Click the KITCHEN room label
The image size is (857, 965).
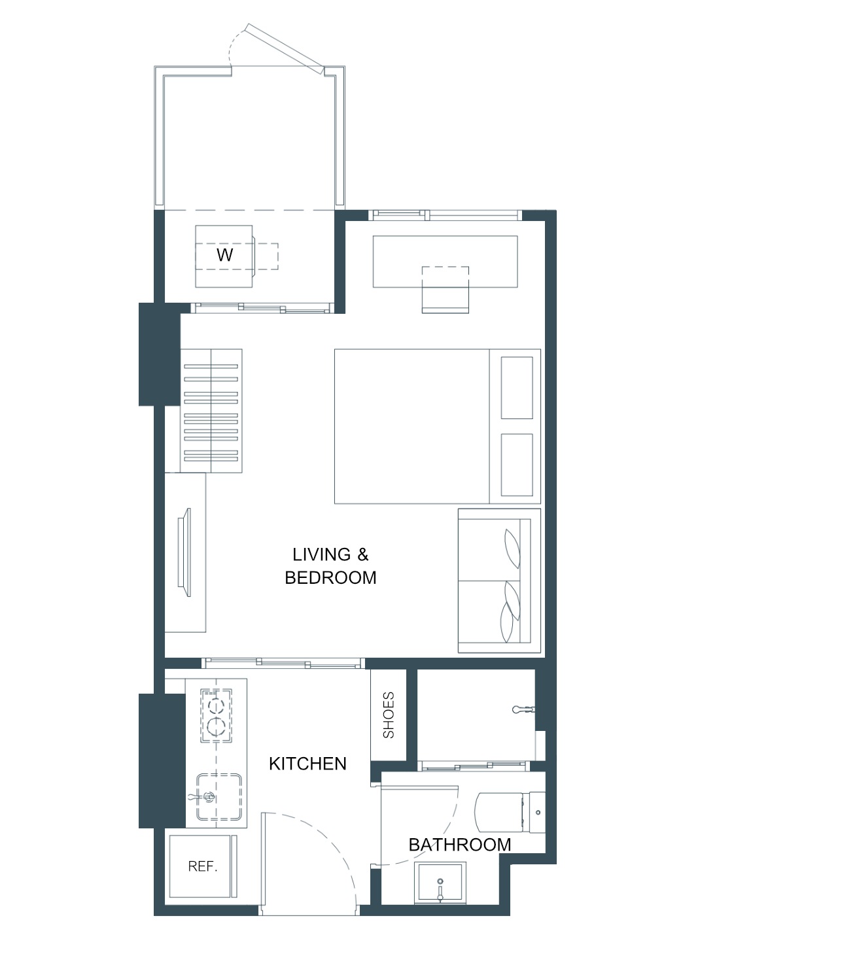pyautogui.click(x=307, y=764)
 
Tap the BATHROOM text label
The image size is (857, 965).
pyautogui.click(x=460, y=845)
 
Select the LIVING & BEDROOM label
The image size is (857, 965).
pyautogui.click(x=330, y=566)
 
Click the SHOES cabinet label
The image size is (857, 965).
pyautogui.click(x=389, y=715)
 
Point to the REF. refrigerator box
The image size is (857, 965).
pyautogui.click(x=203, y=866)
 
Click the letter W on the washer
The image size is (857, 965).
pyautogui.click(x=224, y=255)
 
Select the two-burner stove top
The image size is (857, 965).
pyautogui.click(x=217, y=715)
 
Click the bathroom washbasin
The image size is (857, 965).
pyautogui.click(x=440, y=883)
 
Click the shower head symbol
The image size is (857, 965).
pyautogui.click(x=523, y=710)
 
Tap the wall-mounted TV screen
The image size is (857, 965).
pyautogui.click(x=184, y=552)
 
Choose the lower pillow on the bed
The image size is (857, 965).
pyautogui.click(x=517, y=465)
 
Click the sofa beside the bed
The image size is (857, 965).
pyautogui.click(x=499, y=581)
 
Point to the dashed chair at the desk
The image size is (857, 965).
pyautogui.click(x=446, y=290)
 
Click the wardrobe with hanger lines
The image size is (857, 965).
pyautogui.click(x=211, y=411)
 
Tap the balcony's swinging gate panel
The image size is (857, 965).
pyautogui.click(x=285, y=49)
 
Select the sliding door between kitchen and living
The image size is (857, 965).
pyautogui.click(x=283, y=662)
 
